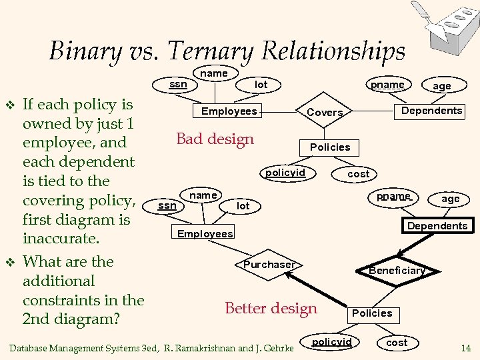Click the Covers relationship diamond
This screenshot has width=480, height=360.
(325, 113)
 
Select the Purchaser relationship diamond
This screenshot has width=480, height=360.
(269, 265)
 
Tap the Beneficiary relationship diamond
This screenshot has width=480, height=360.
(397, 270)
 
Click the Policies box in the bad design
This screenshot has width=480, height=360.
(330, 147)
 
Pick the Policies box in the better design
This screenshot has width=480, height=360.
(372, 313)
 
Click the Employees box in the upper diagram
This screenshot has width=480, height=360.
(229, 111)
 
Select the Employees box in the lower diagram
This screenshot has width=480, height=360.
(205, 233)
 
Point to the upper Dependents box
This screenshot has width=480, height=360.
(431, 111)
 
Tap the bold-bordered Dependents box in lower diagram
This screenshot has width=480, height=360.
(437, 226)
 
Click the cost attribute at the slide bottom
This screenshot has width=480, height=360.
(397, 342)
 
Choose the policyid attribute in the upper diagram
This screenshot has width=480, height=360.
(285, 173)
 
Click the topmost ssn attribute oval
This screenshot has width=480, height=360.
(178, 85)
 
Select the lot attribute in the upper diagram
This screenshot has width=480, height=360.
(261, 85)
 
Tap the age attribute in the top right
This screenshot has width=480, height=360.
(442, 86)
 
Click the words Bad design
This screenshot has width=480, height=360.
(215, 139)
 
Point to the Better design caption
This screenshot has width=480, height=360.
(271, 308)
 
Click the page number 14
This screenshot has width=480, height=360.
(465, 347)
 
